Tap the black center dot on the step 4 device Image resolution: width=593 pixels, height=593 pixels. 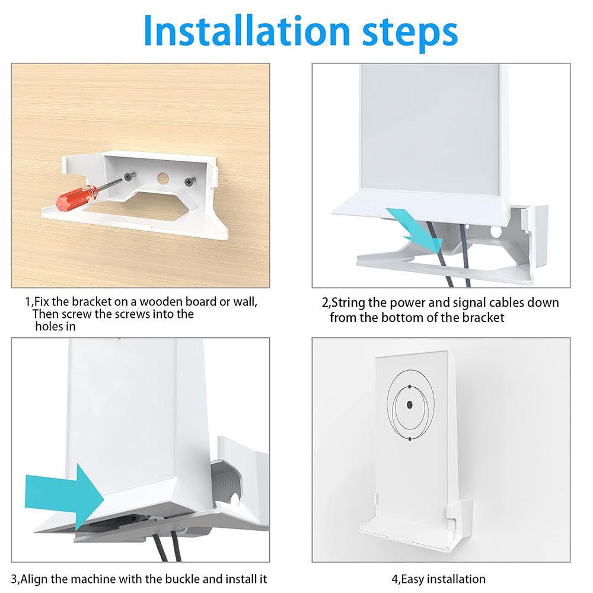(x=409, y=406)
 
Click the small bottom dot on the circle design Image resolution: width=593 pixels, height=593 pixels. (x=409, y=439)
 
